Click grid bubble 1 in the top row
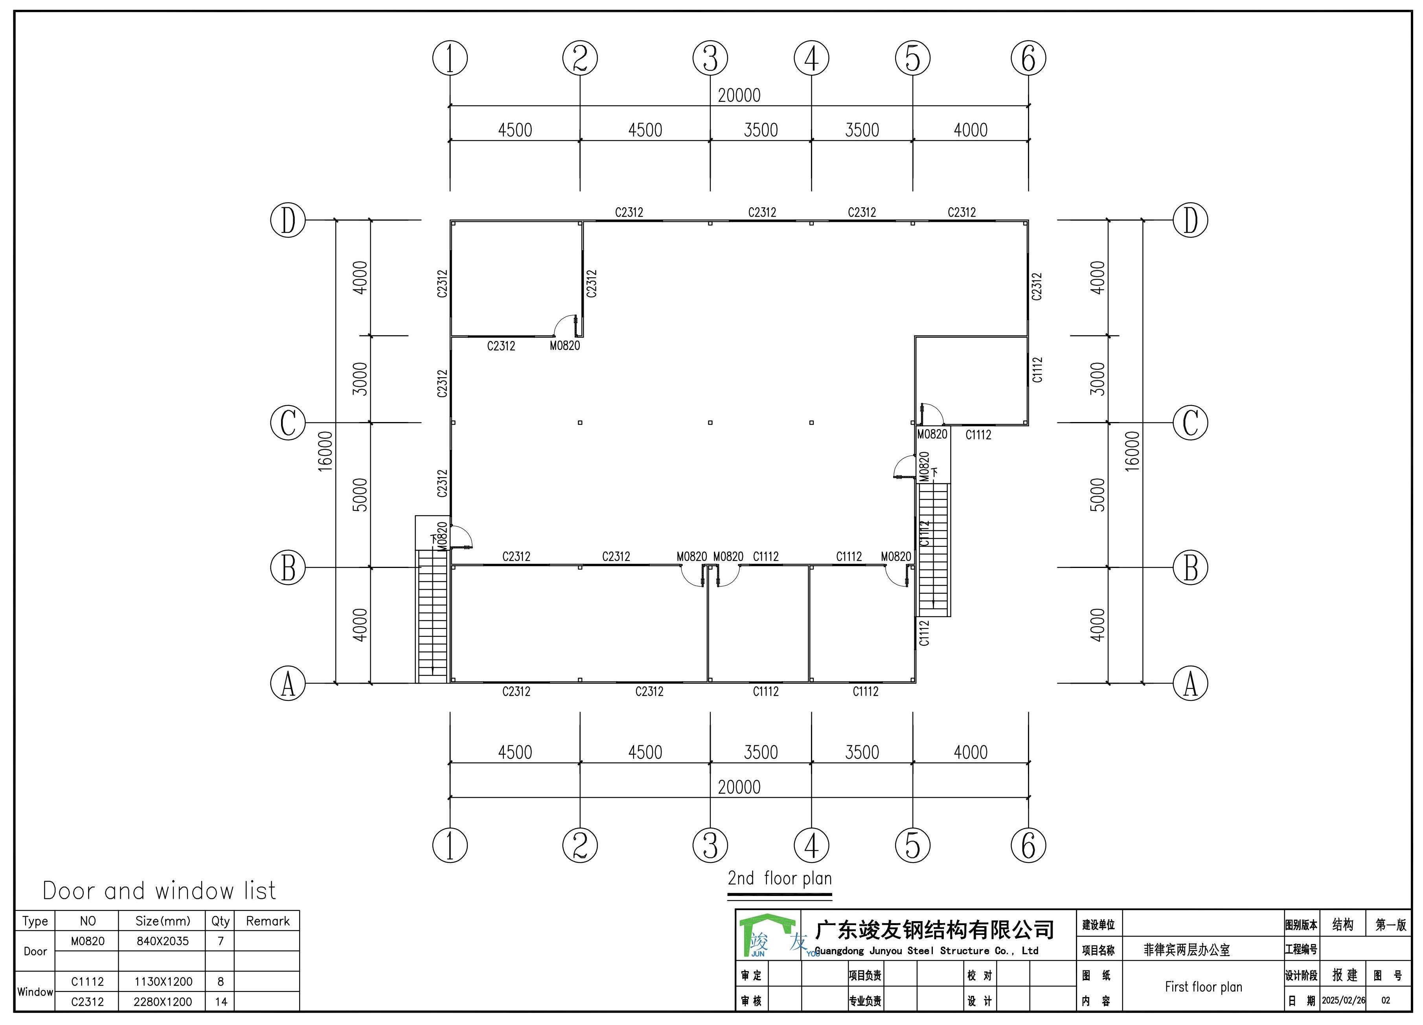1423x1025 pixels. pos(450,58)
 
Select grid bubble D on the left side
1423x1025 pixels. pos(288,220)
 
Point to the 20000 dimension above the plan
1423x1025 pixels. pos(739,96)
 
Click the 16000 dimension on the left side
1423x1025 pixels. pos(325,451)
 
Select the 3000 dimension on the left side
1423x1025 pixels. pos(360,379)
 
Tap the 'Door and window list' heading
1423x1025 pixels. pos(159,890)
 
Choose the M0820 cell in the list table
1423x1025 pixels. pos(87,941)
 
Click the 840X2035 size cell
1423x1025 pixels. pos(162,941)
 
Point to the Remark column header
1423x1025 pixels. pos(268,921)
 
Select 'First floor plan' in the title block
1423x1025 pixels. pos(1203,987)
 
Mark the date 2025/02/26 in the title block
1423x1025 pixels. pos(1343,1001)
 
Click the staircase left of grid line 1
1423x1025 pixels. pos(433,616)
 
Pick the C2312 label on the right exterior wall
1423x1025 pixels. pos(1037,286)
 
